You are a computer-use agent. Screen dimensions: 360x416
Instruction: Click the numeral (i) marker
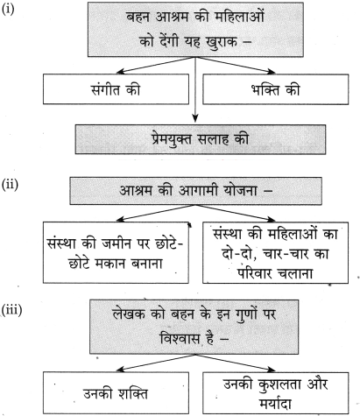pos(8,10)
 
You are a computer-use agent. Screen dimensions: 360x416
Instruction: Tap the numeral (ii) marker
pos(10,185)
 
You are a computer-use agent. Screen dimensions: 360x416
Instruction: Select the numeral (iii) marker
pos(11,309)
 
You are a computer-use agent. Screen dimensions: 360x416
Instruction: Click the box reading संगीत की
pos(116,89)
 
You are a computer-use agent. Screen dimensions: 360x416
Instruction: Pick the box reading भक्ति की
pos(276,89)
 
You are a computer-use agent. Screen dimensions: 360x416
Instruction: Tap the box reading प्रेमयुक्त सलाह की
pos(201,139)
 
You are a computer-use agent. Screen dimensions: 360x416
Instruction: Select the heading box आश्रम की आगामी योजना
pos(195,191)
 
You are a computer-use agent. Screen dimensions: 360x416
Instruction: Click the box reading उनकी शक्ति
pos(116,392)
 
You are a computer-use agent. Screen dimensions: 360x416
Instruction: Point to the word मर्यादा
pos(275,403)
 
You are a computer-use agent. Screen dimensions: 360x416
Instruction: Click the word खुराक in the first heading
pos(222,41)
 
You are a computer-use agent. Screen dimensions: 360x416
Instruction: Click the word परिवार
pos(253,273)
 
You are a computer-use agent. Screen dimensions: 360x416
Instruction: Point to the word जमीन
pos(116,243)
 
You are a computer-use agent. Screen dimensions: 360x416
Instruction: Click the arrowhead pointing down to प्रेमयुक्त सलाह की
pos(195,118)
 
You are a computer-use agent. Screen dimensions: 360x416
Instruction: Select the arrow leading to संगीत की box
pos(156,65)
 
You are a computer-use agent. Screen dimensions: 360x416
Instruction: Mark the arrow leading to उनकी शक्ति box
pos(156,363)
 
